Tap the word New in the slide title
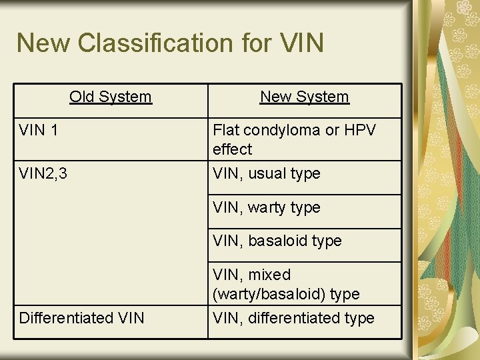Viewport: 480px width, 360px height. (43, 43)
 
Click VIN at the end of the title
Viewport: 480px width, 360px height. (299, 43)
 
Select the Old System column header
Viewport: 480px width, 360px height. (111, 97)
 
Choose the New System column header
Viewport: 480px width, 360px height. (305, 97)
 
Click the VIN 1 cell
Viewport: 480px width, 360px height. (39, 130)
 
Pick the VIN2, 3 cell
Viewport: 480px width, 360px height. (43, 173)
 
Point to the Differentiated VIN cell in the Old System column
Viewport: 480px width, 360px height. (81, 318)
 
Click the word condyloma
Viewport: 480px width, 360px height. (281, 130)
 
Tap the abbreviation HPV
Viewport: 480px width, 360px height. (358, 130)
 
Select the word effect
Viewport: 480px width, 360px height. (232, 149)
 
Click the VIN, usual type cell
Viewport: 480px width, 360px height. (267, 173)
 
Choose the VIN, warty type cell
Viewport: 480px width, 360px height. (267, 207)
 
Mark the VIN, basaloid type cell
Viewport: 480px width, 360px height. (277, 241)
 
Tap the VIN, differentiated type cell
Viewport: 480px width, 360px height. (293, 318)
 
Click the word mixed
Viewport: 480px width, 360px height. (269, 275)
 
